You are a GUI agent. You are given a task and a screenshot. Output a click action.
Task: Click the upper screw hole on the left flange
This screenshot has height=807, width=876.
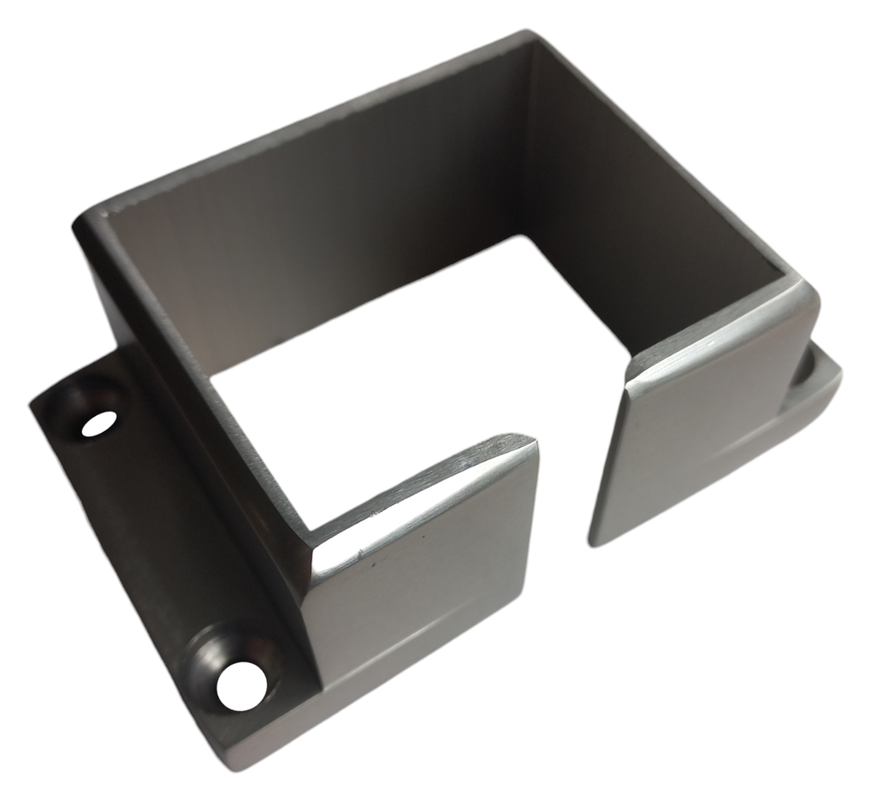99,423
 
